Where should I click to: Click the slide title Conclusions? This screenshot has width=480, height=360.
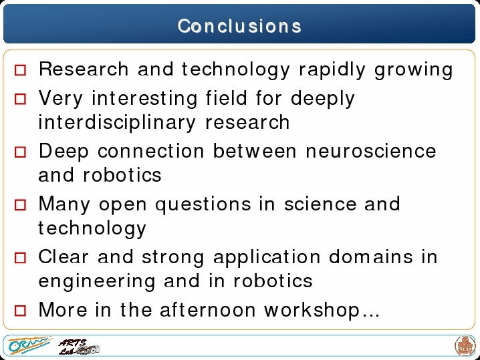point(239,26)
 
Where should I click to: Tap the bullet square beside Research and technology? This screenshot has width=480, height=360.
point(21,70)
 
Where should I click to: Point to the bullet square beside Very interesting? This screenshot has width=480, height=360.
point(21,99)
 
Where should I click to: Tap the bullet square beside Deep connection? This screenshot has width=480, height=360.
point(21,152)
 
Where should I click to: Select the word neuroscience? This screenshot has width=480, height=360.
point(371,151)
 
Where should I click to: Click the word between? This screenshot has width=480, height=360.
point(255,151)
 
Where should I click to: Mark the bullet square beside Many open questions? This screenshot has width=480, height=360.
point(21,205)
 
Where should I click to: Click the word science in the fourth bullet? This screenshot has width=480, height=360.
point(320,204)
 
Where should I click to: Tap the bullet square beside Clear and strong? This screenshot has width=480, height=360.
point(21,258)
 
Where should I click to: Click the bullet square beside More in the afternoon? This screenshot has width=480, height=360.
point(21,311)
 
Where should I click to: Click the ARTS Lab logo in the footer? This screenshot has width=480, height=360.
point(79,347)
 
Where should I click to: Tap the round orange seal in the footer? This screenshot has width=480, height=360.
point(465,346)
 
